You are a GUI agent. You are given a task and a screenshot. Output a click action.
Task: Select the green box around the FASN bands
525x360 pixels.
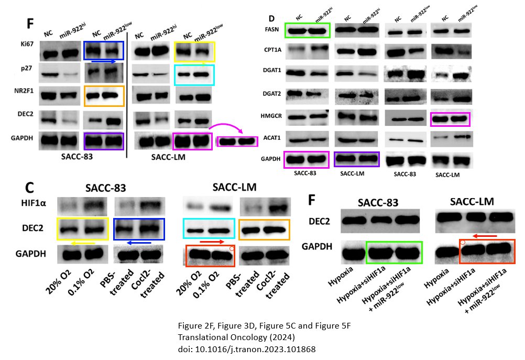tap(308, 30)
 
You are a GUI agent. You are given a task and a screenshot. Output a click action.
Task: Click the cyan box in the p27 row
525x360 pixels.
tap(194, 75)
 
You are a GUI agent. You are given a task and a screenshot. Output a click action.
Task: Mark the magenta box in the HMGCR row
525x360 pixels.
tap(450, 119)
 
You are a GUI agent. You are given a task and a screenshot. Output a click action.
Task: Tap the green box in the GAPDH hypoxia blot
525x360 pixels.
tap(394, 249)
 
